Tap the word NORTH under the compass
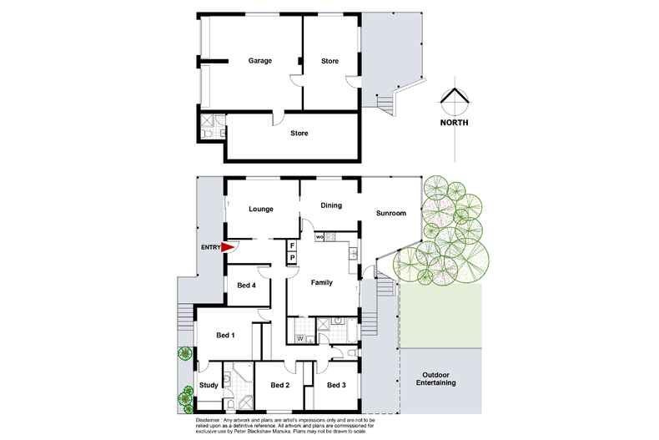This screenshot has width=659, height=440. [454, 122]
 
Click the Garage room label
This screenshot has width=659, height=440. [261, 61]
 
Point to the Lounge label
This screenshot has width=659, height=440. [262, 209]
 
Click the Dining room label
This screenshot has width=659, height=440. [332, 204]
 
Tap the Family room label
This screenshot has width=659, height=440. [321, 282]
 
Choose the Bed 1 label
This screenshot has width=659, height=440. [226, 336]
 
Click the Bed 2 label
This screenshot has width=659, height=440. [280, 385]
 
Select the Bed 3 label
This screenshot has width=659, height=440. [335, 385]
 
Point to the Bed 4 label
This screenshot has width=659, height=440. [246, 286]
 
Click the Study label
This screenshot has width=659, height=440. [209, 385]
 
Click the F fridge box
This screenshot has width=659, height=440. [292, 246]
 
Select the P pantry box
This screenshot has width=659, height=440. [292, 258]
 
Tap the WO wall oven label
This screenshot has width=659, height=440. [319, 237]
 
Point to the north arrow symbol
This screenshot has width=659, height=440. [454, 100]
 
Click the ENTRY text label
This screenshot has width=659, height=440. [209, 247]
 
